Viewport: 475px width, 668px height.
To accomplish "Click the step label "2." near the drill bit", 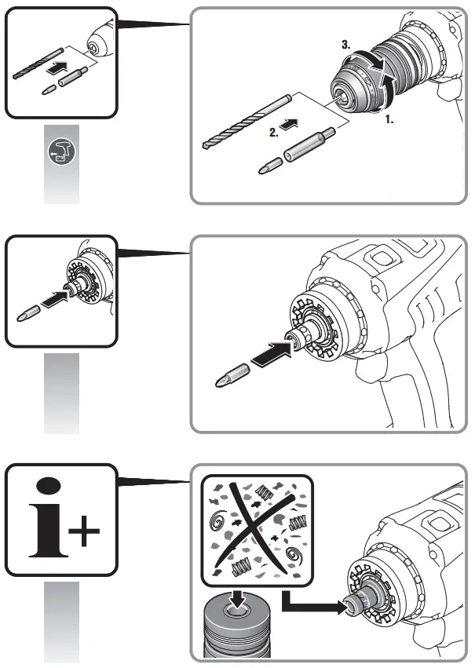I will [x=274, y=133].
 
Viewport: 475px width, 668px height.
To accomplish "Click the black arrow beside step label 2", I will [x=290, y=124].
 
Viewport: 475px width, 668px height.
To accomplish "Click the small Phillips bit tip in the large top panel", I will [x=270, y=166].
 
